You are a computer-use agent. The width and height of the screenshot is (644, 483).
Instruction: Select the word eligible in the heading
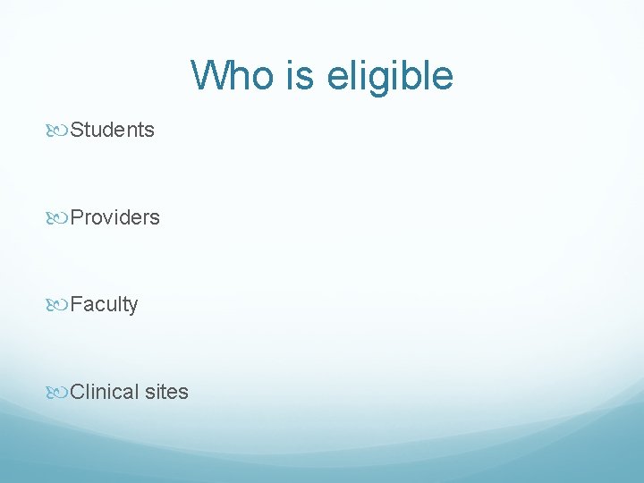point(390,75)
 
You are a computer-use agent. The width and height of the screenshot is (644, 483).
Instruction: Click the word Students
point(113,131)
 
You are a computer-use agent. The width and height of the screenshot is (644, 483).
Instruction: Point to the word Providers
point(115,217)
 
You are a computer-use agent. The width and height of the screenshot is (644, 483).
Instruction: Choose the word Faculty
point(105,305)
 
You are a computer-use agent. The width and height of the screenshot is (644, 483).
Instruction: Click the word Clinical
point(106,392)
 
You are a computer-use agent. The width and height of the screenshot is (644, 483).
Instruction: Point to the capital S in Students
point(77,131)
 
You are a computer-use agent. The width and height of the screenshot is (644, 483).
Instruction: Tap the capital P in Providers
point(77,217)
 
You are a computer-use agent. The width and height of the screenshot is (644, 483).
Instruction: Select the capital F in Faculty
point(76,305)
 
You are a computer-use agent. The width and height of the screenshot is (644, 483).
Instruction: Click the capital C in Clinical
point(78,392)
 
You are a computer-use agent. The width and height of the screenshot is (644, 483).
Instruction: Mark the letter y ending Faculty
point(133,308)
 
